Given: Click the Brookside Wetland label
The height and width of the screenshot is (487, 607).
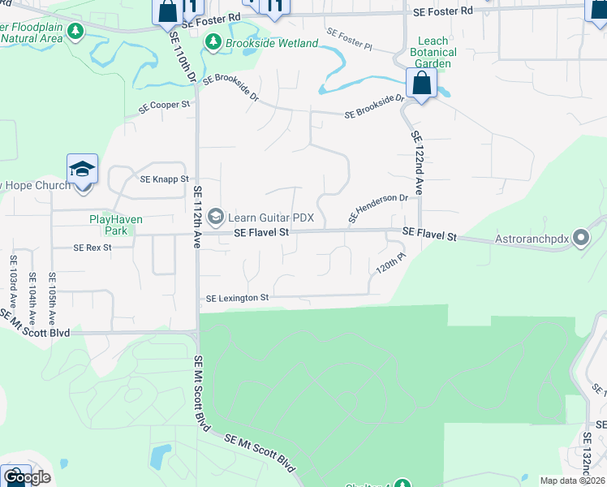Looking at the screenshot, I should tap(272, 42).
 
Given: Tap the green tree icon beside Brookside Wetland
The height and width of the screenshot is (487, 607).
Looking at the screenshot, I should tap(214, 41).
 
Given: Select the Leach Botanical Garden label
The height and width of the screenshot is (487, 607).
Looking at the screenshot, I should tap(433, 52).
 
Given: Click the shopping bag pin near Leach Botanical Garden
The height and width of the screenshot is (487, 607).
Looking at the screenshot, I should tap(422, 83).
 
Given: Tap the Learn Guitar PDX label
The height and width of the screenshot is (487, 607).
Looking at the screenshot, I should tap(270, 217).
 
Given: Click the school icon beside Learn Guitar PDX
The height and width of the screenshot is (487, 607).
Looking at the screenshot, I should tap(216, 216).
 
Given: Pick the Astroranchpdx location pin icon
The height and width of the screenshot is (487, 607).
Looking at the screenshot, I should tap(581, 239).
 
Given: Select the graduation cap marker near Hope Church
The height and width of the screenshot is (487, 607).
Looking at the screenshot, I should tap(83, 170).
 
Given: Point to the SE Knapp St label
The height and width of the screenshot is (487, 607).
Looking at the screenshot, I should tap(164, 179).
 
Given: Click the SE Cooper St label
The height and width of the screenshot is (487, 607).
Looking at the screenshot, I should tap(164, 105).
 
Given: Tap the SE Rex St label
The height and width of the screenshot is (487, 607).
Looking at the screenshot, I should tap(92, 247).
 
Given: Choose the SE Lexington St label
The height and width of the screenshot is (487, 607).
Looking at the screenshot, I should tap(237, 298).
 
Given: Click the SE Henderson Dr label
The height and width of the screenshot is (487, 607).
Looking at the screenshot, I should tap(378, 208).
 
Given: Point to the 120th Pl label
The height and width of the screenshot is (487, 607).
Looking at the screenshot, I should tap(390, 265).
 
